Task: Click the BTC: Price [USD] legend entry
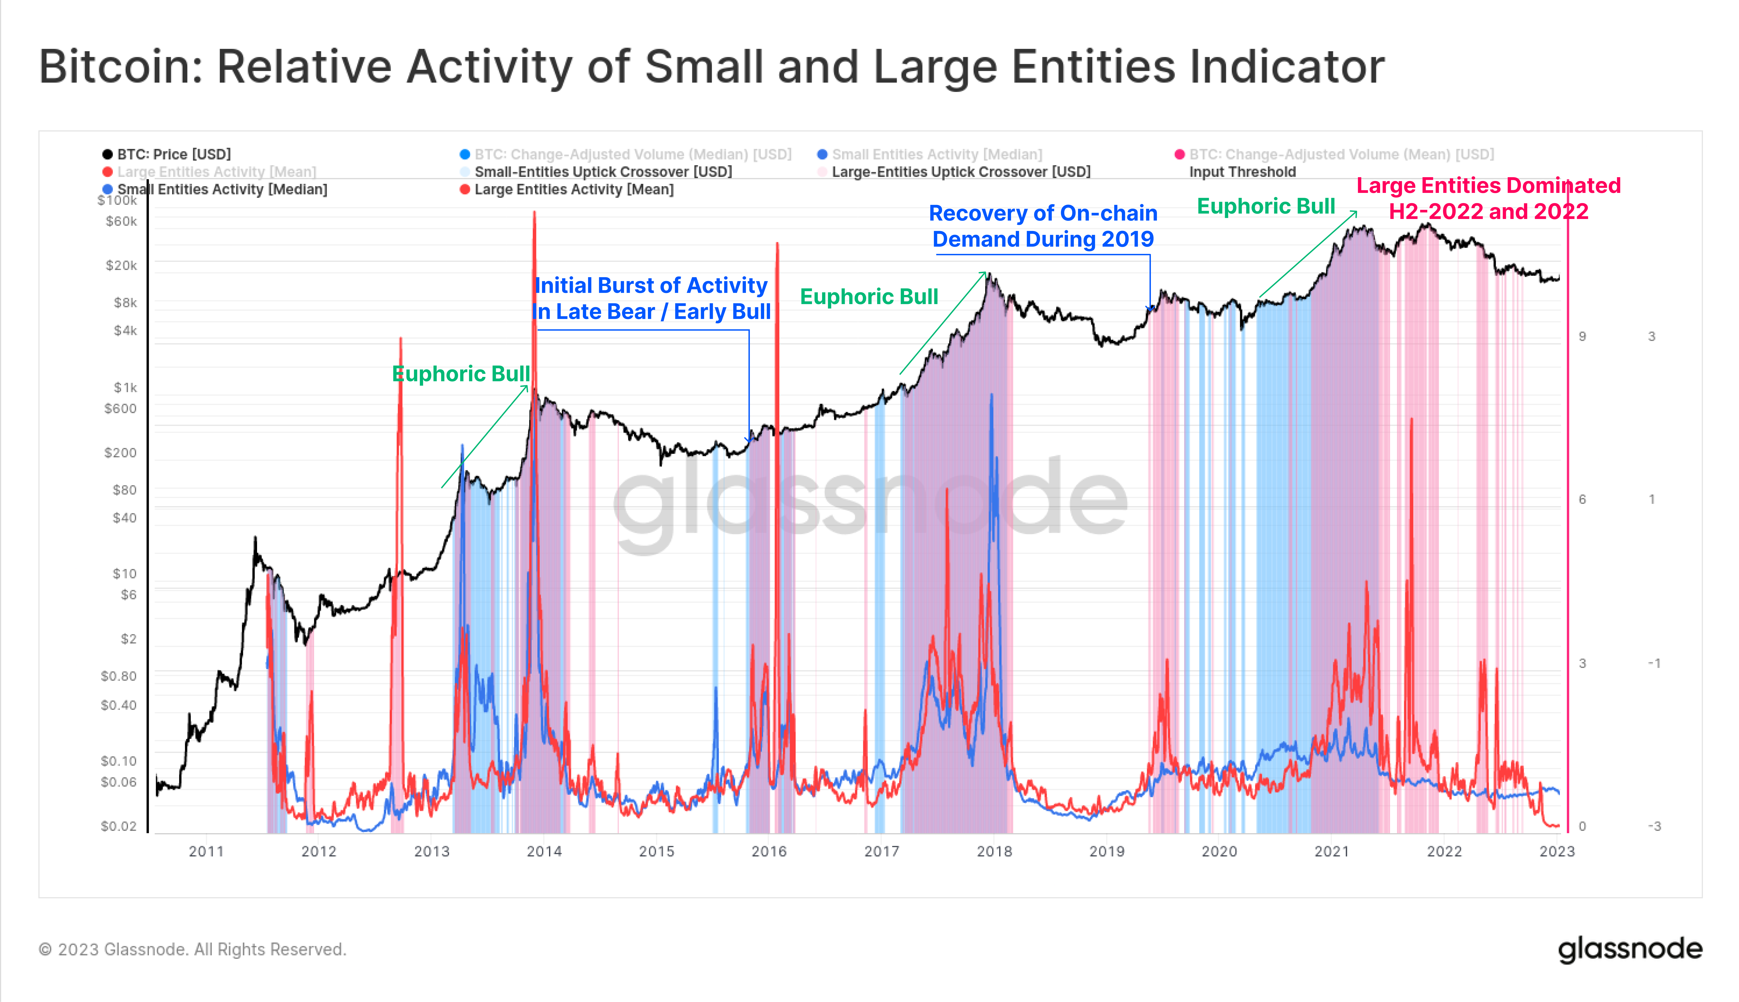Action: pos(173,154)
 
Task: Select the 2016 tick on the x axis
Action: pos(768,851)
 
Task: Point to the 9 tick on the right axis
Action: pos(1582,337)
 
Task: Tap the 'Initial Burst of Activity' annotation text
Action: pos(651,286)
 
